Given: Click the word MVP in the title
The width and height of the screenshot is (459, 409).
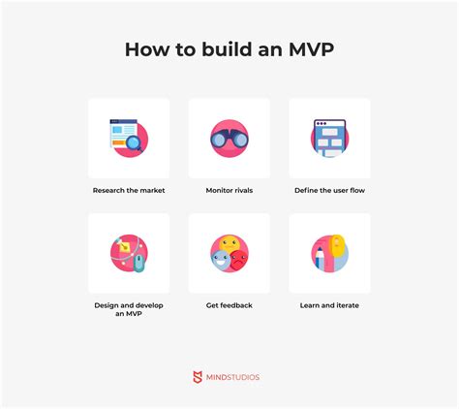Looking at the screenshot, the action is coord(311,49).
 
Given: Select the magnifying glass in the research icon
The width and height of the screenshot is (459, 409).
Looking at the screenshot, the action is coord(134,143).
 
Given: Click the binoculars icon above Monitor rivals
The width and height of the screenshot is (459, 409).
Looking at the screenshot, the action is coord(229,140).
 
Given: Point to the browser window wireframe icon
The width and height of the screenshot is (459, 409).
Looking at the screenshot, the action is coord(329,139).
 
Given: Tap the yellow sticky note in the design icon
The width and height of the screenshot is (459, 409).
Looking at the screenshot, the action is coord(125,247).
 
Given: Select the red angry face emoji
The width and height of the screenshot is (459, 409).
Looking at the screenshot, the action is coord(239,260).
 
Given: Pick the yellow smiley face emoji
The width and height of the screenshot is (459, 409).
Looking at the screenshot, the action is coord(229,244).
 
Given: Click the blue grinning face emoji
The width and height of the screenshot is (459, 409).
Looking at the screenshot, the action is coord(221,260).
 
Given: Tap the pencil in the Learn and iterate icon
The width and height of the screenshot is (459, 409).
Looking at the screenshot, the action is coord(320,258).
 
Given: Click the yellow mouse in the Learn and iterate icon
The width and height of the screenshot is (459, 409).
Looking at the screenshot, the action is coord(337,245).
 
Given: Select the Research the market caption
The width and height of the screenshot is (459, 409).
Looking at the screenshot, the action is coord(129,190).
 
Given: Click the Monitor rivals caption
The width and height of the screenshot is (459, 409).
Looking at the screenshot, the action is coord(229,190).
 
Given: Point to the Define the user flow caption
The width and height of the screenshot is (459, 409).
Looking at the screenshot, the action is coord(329,190).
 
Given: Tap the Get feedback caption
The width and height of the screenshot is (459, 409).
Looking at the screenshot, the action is coord(229,305).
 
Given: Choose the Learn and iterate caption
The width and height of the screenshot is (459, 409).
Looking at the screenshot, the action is coord(329,305).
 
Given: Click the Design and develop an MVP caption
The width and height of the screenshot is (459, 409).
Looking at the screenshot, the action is coord(129,309).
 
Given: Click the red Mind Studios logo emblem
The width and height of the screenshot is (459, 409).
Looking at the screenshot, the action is coord(198,377).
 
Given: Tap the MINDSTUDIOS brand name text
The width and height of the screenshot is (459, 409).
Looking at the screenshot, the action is coord(232,377).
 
